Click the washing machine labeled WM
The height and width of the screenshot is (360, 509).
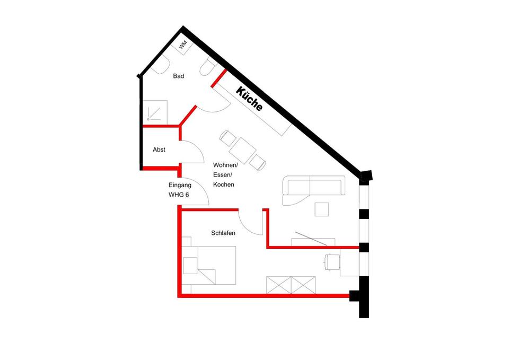click(x=183, y=46)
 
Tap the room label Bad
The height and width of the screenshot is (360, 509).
click(x=179, y=76)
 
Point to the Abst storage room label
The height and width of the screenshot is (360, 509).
click(x=159, y=150)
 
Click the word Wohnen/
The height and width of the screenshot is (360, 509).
click(x=225, y=165)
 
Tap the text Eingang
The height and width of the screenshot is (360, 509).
click(x=179, y=185)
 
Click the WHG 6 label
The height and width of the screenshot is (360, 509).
click(x=179, y=195)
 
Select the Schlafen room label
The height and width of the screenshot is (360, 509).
click(x=223, y=233)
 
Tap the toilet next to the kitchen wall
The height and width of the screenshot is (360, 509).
click(x=207, y=69)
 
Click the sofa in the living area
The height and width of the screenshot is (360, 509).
click(x=313, y=186)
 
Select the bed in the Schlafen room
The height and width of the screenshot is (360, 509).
click(x=209, y=266)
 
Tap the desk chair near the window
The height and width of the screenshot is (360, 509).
click(x=333, y=262)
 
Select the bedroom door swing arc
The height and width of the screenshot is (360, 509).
click(x=250, y=222)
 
